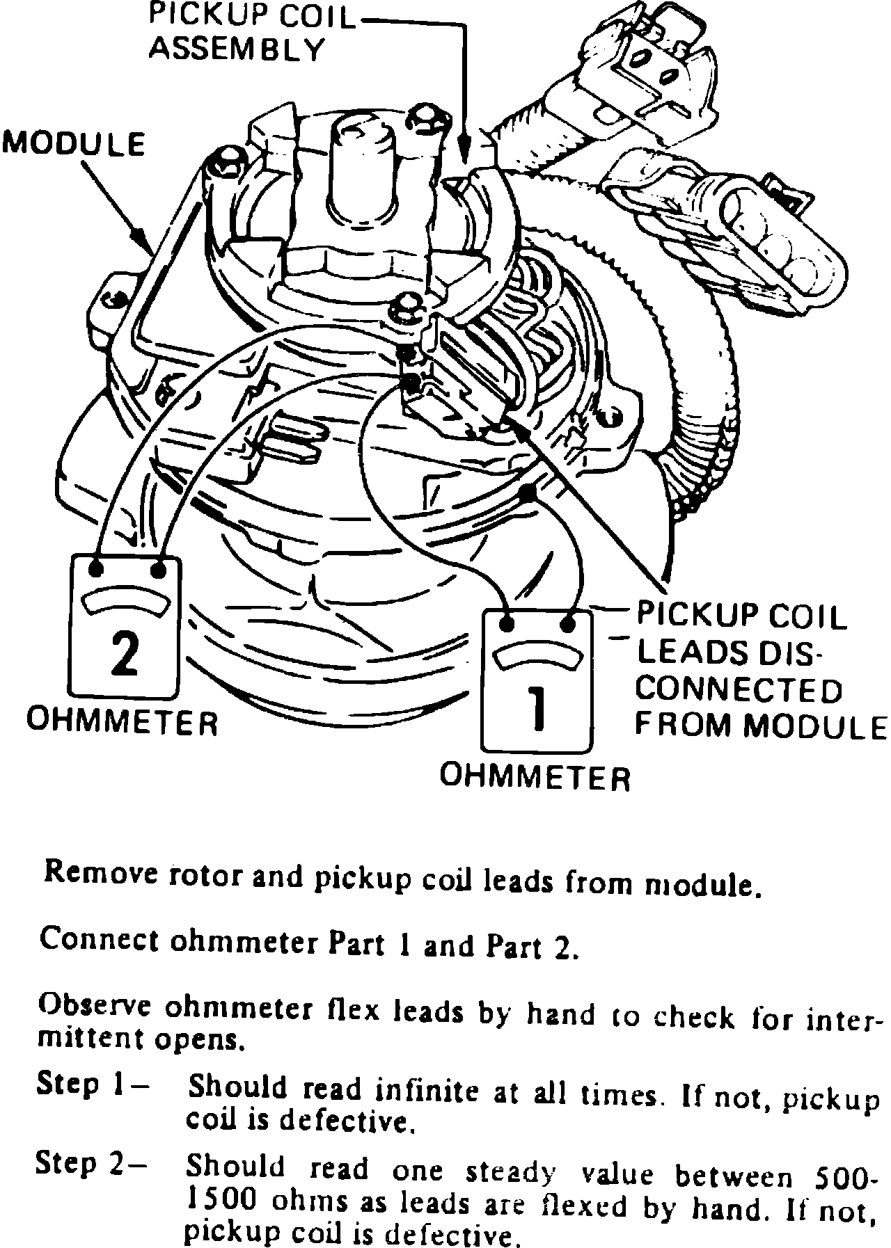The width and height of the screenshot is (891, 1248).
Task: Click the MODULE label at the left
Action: pyautogui.click(x=74, y=145)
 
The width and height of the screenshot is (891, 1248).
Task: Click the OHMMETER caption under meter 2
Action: pyautogui.click(x=123, y=721)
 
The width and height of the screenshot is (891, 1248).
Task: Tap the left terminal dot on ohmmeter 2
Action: pyautogui.click(x=96, y=570)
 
